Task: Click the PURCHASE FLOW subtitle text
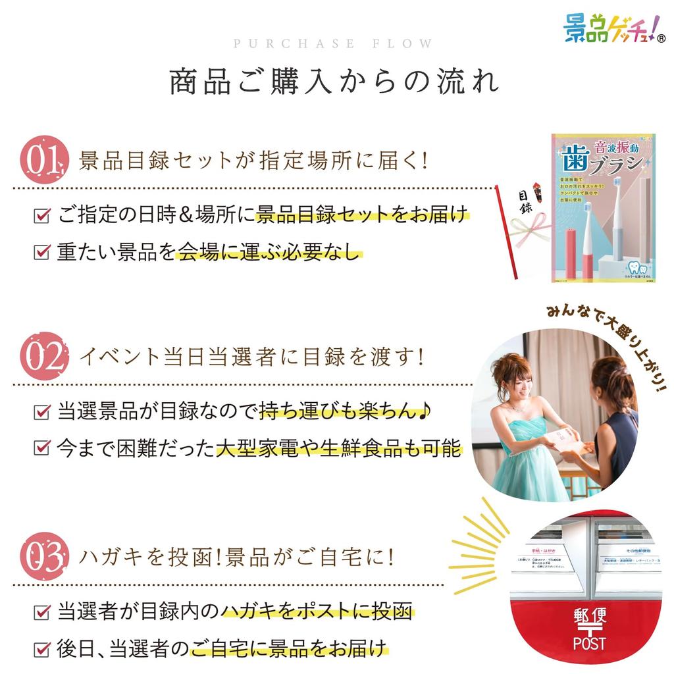(x=333, y=44)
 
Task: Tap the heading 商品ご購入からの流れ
(x=334, y=81)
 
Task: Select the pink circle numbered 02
(x=44, y=357)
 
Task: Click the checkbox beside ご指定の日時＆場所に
(x=41, y=215)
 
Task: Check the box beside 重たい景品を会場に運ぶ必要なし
(x=41, y=252)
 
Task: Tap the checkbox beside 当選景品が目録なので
(x=41, y=413)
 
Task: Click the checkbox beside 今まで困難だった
(x=41, y=449)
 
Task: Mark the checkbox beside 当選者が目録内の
(x=41, y=611)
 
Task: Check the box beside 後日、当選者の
(x=41, y=648)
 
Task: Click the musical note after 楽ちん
(x=426, y=412)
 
